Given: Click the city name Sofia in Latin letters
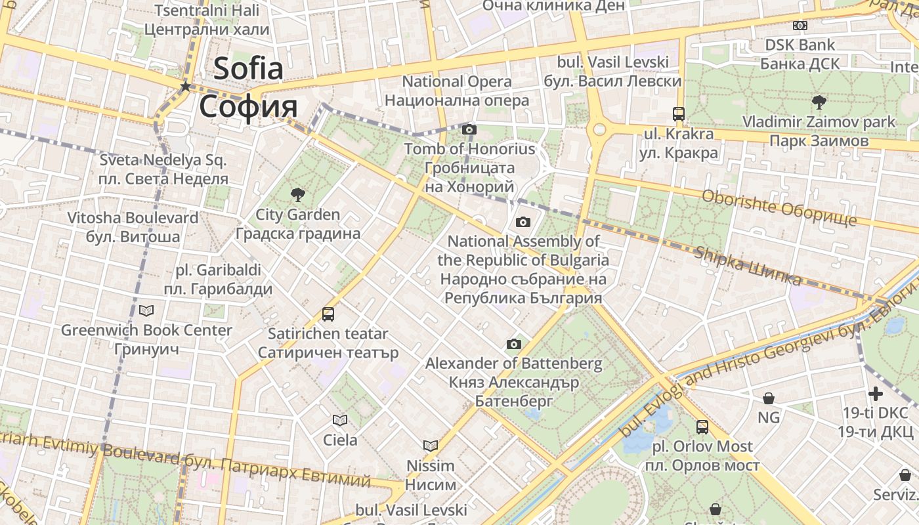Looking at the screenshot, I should click(248, 68).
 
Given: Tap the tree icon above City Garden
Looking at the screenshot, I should click(297, 194).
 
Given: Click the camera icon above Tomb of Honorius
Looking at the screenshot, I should click(469, 129).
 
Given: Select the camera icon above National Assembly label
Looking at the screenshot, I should click(523, 222).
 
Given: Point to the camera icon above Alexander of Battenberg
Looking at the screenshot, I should click(513, 344).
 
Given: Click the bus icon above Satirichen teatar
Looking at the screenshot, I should click(328, 314).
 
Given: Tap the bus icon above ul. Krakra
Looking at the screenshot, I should click(679, 114).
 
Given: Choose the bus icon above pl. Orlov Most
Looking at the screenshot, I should click(702, 427).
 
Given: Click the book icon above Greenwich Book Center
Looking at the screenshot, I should click(146, 310).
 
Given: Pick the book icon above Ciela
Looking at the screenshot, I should click(340, 420).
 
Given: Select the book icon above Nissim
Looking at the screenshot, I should click(431, 446).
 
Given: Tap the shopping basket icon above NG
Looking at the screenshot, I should click(768, 398).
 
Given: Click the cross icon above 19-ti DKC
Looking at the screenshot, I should click(876, 394).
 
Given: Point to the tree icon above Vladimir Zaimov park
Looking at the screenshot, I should click(819, 102).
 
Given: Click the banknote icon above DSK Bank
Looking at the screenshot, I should click(800, 25).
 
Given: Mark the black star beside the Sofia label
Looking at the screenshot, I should click(186, 87).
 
